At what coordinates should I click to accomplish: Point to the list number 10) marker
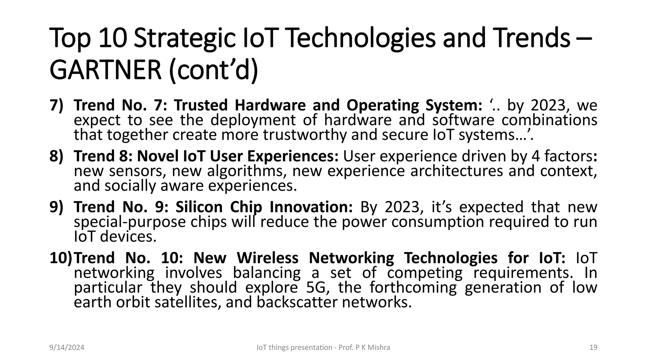61,258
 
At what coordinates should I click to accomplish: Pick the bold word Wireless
268,258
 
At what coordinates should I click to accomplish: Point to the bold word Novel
158,156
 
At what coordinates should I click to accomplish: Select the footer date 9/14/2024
67,348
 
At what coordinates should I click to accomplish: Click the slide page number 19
593,348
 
